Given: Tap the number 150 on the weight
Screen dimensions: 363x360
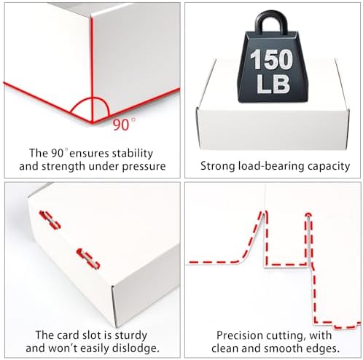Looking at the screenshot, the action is (271, 60).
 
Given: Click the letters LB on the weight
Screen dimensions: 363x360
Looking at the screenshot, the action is (273, 84).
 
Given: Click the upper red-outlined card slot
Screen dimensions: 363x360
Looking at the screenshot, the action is (50, 220).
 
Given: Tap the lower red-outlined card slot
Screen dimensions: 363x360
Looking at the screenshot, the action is (88, 259).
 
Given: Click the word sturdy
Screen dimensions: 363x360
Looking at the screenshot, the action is (131, 336).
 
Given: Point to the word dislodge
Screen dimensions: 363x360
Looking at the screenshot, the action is (137, 348).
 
